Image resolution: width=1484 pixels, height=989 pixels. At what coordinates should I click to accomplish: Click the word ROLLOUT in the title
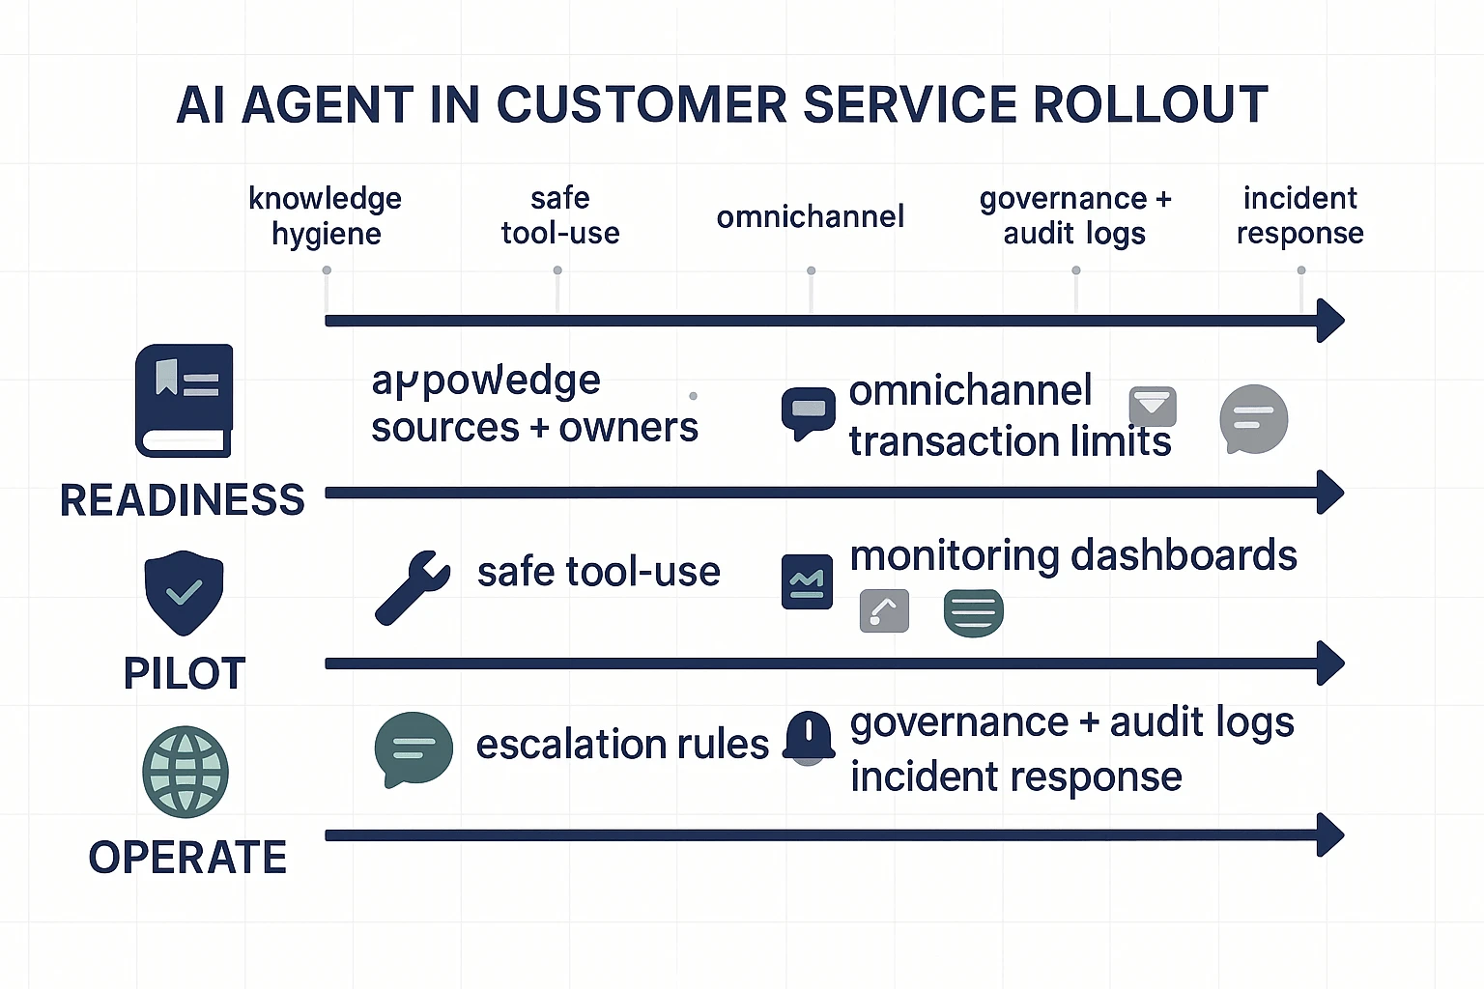click(1150, 104)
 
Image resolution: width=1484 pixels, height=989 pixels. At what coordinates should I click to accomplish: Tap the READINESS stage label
click(182, 500)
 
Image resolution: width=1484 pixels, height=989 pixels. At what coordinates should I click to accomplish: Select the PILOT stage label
click(185, 673)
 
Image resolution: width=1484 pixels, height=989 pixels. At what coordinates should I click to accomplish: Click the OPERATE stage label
click(187, 857)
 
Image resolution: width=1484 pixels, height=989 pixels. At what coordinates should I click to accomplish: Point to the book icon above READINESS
click(184, 400)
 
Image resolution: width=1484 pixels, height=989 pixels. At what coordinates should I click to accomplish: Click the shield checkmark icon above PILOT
click(184, 592)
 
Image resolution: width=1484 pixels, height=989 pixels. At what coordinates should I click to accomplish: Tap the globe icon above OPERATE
click(185, 772)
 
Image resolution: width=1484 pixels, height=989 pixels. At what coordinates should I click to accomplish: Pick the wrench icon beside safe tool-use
click(413, 587)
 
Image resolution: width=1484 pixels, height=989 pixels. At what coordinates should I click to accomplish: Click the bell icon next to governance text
click(809, 737)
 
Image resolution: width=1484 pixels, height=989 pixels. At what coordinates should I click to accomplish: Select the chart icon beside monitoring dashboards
click(807, 581)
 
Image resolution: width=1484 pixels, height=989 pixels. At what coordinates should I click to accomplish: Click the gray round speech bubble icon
click(1253, 419)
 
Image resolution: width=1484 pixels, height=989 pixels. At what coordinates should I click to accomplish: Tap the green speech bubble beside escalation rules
click(413, 749)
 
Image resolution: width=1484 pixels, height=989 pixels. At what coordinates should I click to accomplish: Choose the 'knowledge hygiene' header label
click(326, 215)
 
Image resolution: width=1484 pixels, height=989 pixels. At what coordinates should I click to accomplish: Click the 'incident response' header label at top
click(1299, 215)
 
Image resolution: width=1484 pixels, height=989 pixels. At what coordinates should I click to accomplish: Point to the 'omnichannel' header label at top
click(810, 216)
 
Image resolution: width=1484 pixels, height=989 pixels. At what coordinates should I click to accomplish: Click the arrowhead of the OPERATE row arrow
click(1330, 835)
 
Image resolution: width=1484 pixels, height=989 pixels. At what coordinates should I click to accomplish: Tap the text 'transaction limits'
click(1010, 441)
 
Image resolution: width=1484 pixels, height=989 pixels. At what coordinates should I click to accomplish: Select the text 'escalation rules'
click(622, 745)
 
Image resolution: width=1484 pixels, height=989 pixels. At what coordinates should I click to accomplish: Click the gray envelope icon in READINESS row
click(1153, 407)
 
